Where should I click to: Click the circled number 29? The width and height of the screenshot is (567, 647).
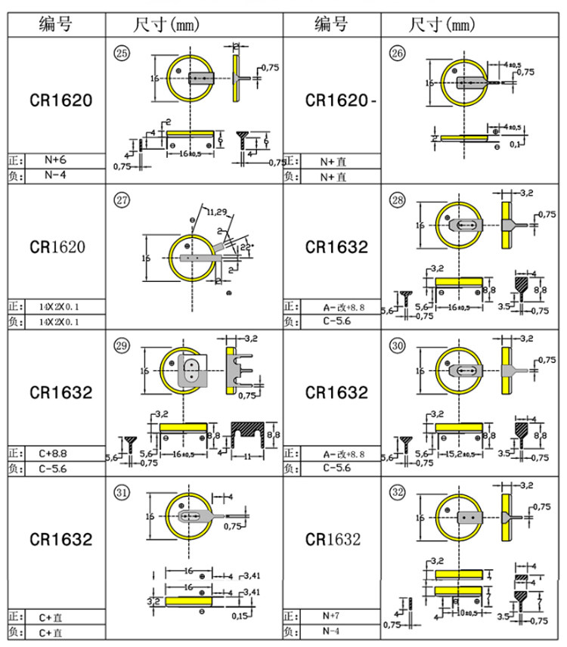point(121,346)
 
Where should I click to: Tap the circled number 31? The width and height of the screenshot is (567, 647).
point(121,492)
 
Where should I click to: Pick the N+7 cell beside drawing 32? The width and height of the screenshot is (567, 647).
point(330,616)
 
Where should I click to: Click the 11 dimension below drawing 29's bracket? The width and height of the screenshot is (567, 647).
point(246,457)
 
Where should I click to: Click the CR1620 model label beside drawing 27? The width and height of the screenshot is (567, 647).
point(57,247)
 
